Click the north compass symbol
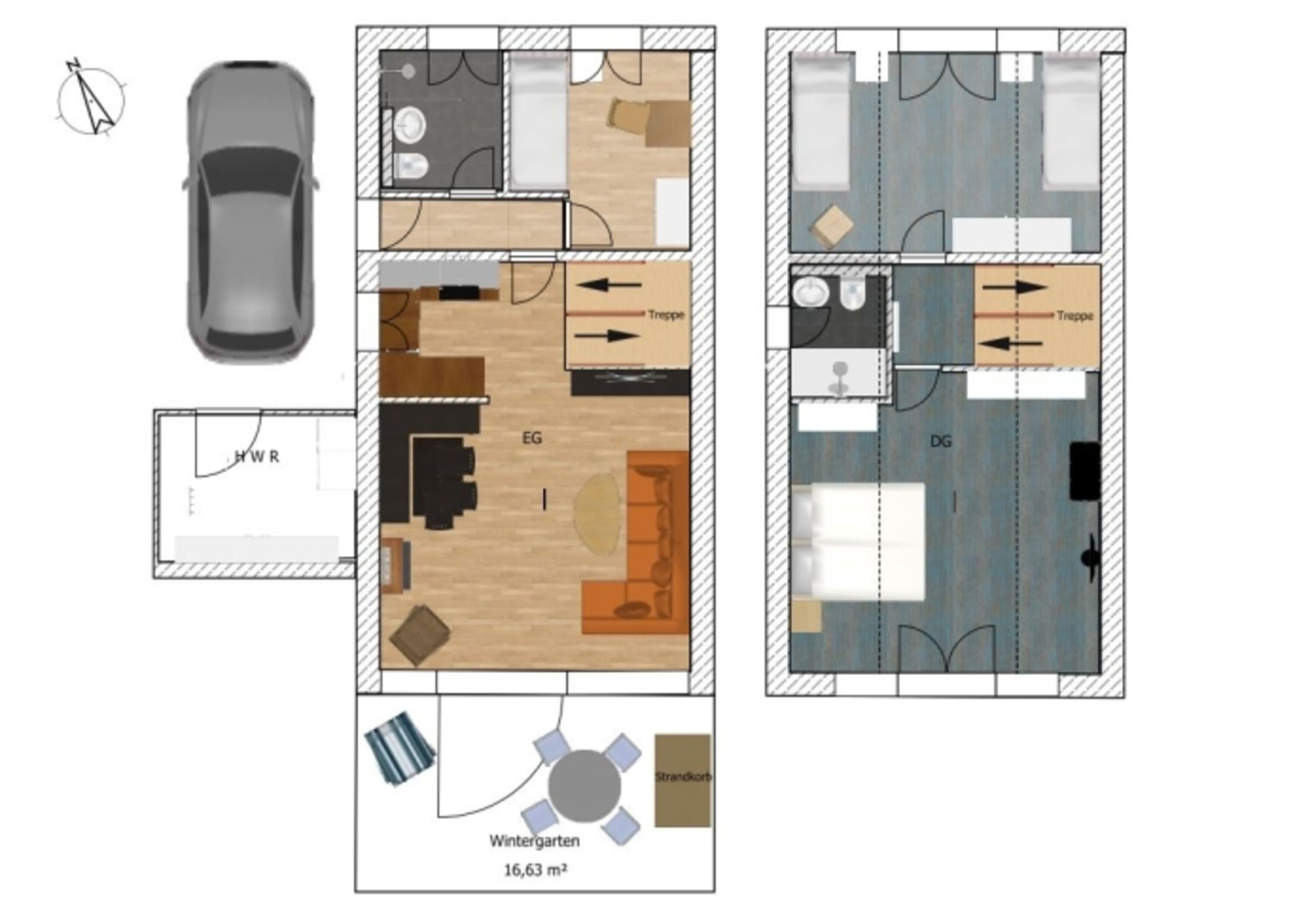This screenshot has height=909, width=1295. click(x=91, y=100)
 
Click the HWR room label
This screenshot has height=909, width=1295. click(x=257, y=457)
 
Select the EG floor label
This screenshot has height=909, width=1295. click(x=532, y=438)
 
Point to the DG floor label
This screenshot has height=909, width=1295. click(x=941, y=441)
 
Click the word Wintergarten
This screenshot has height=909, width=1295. click(x=534, y=841)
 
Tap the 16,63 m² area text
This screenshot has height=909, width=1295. click(x=535, y=870)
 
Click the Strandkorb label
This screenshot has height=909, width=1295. click(x=683, y=777)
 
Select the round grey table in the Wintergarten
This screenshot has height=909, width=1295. click(x=584, y=785)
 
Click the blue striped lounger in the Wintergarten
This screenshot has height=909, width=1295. click(x=400, y=748)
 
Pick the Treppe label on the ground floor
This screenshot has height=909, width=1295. click(x=666, y=315)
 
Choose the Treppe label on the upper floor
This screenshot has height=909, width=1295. click(x=1075, y=316)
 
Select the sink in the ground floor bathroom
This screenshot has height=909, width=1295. click(x=410, y=124)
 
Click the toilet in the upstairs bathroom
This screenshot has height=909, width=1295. click(x=852, y=294)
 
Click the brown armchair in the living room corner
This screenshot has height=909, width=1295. click(x=420, y=635)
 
